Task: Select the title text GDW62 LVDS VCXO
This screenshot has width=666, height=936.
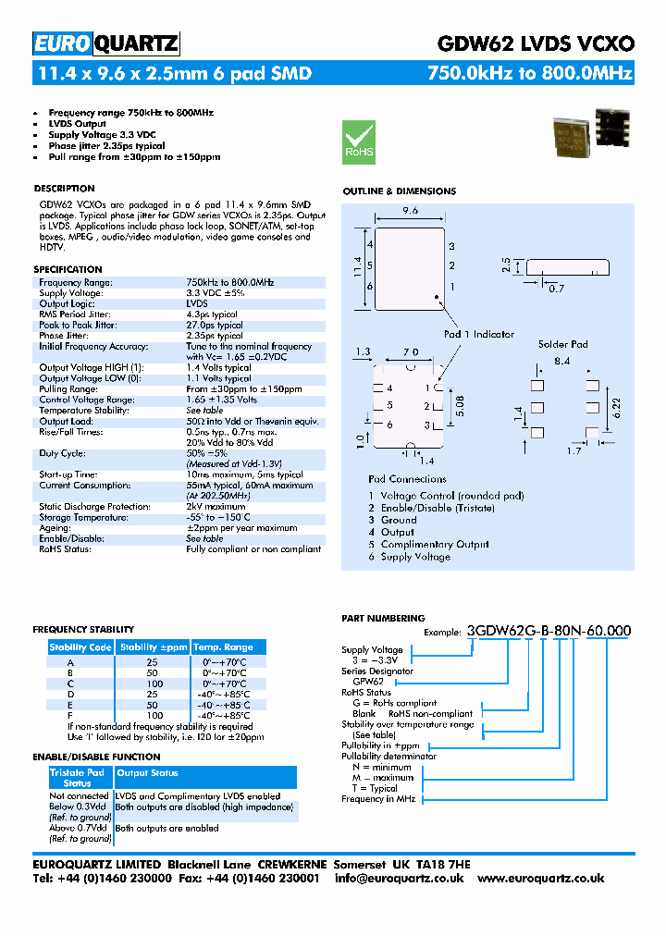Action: pyautogui.click(x=535, y=43)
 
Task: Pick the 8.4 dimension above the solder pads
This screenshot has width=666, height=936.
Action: pyautogui.click(x=561, y=360)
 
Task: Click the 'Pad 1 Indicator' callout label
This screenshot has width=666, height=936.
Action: pyautogui.click(x=478, y=334)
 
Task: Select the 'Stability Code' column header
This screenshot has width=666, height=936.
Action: pyautogui.click(x=80, y=647)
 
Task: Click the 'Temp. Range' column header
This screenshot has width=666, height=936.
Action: pyautogui.click(x=223, y=647)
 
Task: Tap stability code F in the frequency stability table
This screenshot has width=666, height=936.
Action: pyautogui.click(x=70, y=716)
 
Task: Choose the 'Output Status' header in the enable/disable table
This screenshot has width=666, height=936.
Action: pyautogui.click(x=148, y=773)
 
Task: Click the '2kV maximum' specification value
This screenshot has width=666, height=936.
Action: pyautogui.click(x=216, y=507)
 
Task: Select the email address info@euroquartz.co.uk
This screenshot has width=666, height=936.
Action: pyautogui.click(x=401, y=879)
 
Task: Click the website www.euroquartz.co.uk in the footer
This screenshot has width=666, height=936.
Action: pyautogui.click(x=541, y=879)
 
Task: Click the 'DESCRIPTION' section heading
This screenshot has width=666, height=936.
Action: pyautogui.click(x=65, y=189)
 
